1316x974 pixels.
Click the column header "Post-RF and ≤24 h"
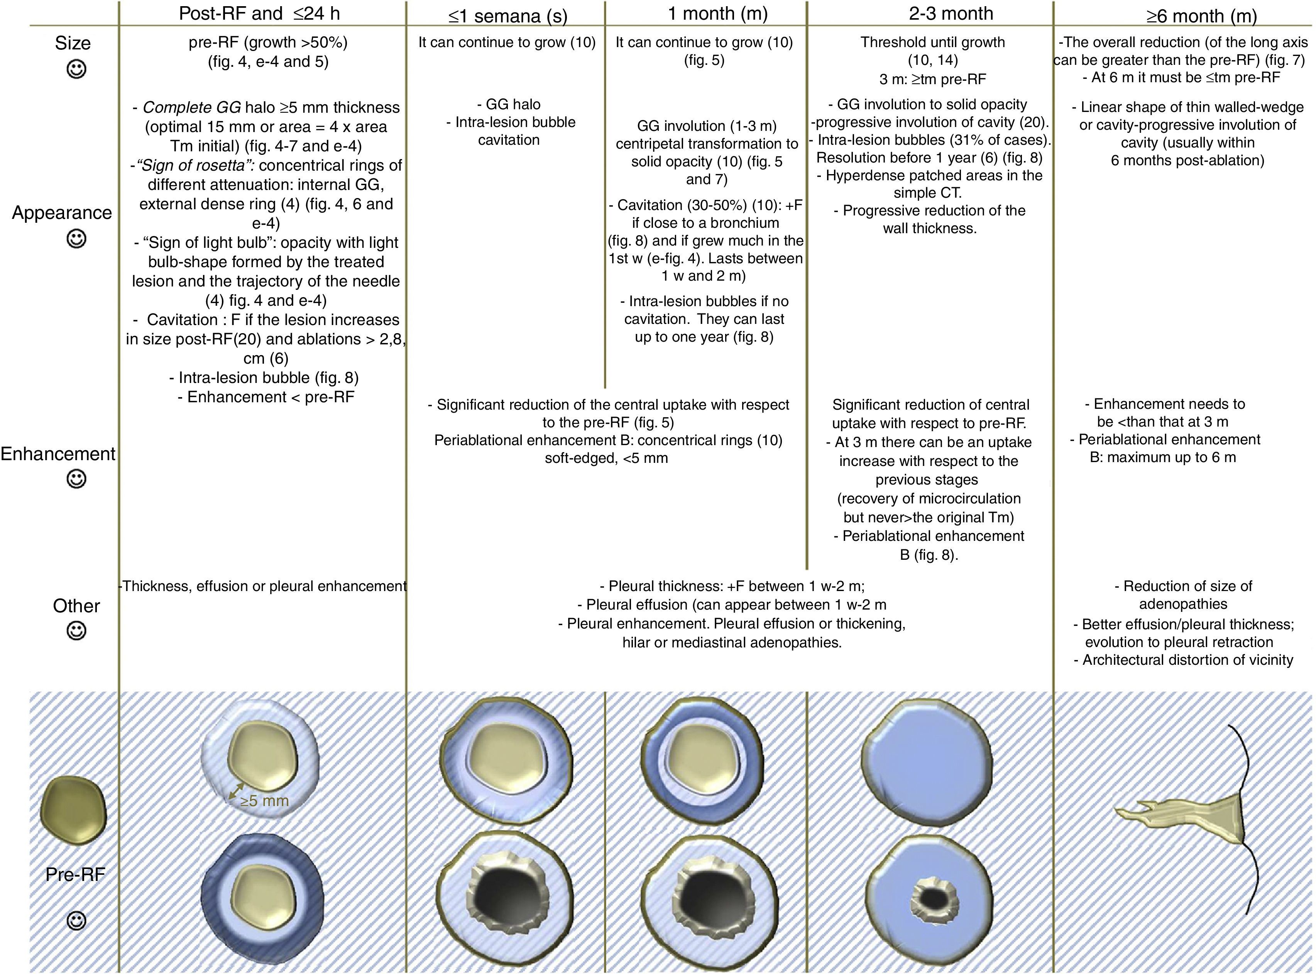pos(259,14)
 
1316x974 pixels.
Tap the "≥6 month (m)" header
pos(1201,16)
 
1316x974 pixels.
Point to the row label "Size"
pos(73,43)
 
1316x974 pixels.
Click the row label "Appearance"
pos(62,213)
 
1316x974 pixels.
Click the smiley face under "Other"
pos(76,631)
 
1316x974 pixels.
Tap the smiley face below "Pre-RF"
pos(76,920)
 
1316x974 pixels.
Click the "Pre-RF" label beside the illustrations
pos(75,874)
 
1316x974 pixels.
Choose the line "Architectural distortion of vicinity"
pos(1187,660)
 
